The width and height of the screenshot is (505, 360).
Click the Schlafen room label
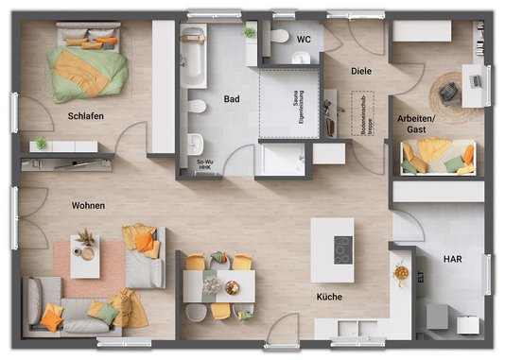coord(85,116)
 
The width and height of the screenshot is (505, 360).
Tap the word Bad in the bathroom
coord(232,98)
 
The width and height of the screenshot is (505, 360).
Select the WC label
coord(304,40)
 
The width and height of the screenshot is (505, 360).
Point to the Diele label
coord(360,71)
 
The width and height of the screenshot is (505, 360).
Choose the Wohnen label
coord(88,205)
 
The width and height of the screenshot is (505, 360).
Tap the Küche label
coord(330,297)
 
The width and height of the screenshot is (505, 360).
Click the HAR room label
coord(452,256)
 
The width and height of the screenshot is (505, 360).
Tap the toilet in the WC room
coord(279,38)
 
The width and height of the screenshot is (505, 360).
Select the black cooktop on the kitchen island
coord(340,249)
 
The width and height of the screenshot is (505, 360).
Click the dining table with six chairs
coord(219,284)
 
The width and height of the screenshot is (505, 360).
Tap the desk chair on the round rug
coord(448,92)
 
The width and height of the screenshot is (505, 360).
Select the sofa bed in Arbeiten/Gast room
coord(438,157)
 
